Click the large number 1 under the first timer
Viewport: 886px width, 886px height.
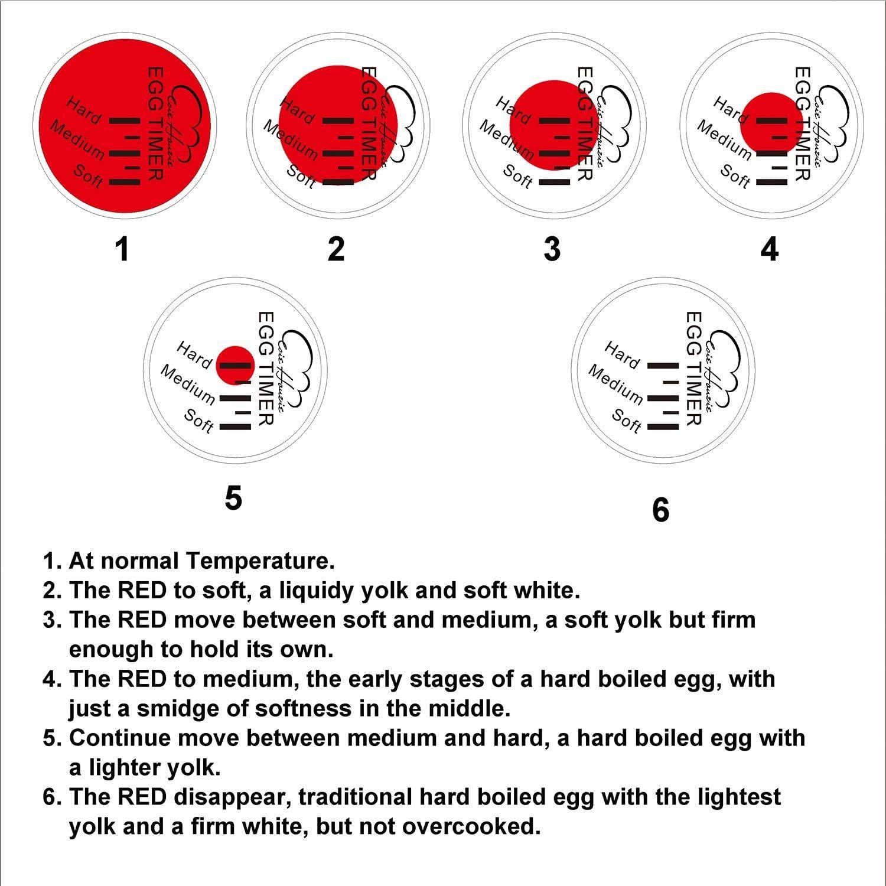point(122,249)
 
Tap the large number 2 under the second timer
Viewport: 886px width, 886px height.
point(336,249)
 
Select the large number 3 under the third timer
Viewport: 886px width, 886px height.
point(552,249)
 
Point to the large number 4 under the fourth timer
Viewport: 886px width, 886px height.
point(769,249)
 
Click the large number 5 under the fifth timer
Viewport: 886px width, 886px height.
point(233,497)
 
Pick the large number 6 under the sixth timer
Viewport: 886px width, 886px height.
point(661,509)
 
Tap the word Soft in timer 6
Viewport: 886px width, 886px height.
point(627,421)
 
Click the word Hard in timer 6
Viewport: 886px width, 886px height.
point(621,355)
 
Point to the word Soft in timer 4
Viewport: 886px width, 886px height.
point(735,175)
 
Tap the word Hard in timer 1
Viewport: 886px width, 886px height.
point(83,110)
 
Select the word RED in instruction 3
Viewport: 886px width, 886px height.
point(142,620)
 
